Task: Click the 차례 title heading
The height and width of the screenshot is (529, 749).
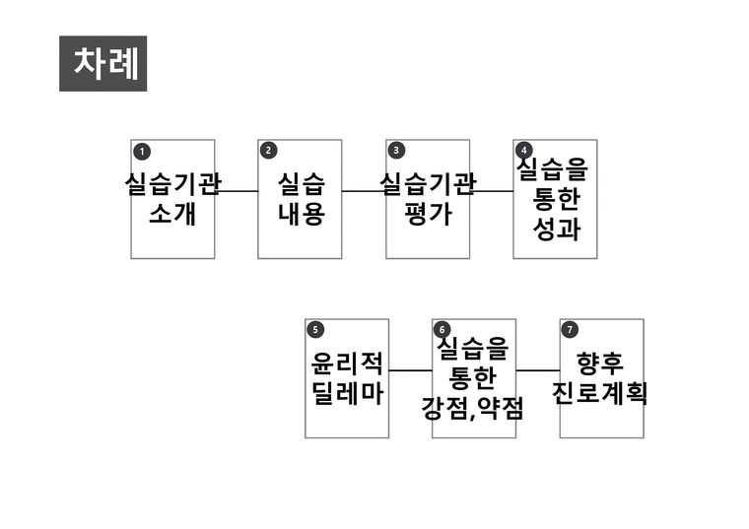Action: click(106, 63)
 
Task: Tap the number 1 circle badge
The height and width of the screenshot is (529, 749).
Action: click(142, 152)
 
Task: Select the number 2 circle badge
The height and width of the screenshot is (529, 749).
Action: click(268, 151)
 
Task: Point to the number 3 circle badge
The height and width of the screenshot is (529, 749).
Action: click(396, 151)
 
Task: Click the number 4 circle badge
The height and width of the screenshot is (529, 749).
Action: click(524, 150)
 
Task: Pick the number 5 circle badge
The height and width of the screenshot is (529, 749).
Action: click(315, 329)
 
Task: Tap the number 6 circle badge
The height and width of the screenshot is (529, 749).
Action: click(442, 329)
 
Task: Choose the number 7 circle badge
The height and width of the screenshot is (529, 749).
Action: click(570, 329)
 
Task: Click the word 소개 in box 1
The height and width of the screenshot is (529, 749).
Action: click(172, 214)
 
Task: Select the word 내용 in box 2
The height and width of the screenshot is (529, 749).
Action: click(302, 214)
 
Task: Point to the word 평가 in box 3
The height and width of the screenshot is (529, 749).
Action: click(428, 214)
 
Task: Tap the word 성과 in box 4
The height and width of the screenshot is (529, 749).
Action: click(557, 230)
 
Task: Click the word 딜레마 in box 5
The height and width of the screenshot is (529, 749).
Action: click(347, 394)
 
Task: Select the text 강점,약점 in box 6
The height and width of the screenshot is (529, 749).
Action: click(472, 409)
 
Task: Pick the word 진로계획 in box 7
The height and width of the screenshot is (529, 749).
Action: click(599, 394)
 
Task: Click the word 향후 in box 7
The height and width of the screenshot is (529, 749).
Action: click(600, 364)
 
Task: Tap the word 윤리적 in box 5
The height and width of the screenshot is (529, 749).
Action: click(347, 364)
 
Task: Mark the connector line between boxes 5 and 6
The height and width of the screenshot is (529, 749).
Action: click(410, 370)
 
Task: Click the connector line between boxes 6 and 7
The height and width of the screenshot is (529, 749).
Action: click(538, 370)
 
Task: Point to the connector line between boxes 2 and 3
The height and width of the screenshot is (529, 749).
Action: click(364, 191)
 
